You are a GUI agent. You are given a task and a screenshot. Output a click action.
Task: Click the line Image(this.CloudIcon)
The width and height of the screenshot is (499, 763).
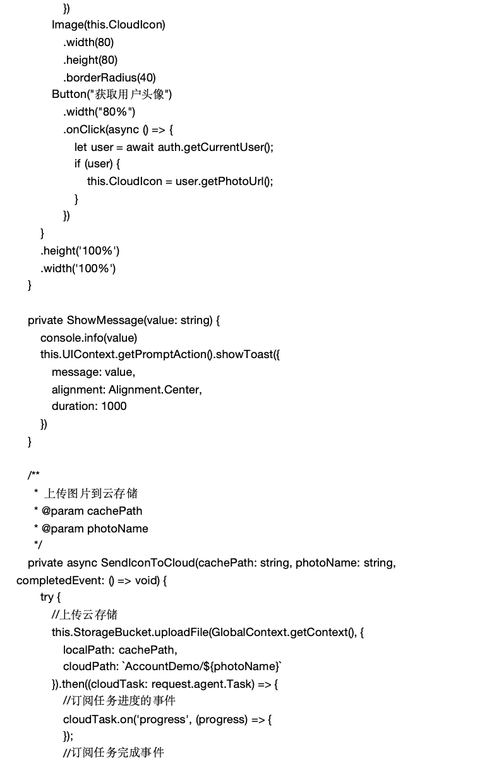click(108, 25)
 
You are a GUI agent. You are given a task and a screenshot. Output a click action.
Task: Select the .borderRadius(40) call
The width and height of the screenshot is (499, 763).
click(109, 78)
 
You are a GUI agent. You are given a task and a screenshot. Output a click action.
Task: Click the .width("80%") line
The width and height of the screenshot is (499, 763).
click(99, 112)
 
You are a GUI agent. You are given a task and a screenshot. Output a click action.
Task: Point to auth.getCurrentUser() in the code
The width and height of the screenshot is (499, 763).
click(215, 147)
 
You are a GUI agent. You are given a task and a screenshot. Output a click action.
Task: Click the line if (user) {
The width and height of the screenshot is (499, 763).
click(97, 164)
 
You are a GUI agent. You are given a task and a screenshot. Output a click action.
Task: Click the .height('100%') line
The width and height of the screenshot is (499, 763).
click(80, 251)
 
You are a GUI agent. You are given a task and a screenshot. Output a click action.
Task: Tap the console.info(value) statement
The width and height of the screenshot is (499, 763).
click(88, 338)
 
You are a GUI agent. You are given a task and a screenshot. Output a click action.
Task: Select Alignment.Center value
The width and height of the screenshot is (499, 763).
click(155, 390)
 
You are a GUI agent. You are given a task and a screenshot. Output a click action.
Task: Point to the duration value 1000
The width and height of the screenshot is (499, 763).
click(114, 406)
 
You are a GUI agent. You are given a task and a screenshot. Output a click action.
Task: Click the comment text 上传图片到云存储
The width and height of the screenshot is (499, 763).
click(91, 493)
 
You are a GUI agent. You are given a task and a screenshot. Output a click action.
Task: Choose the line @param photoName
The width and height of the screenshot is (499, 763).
click(95, 529)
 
